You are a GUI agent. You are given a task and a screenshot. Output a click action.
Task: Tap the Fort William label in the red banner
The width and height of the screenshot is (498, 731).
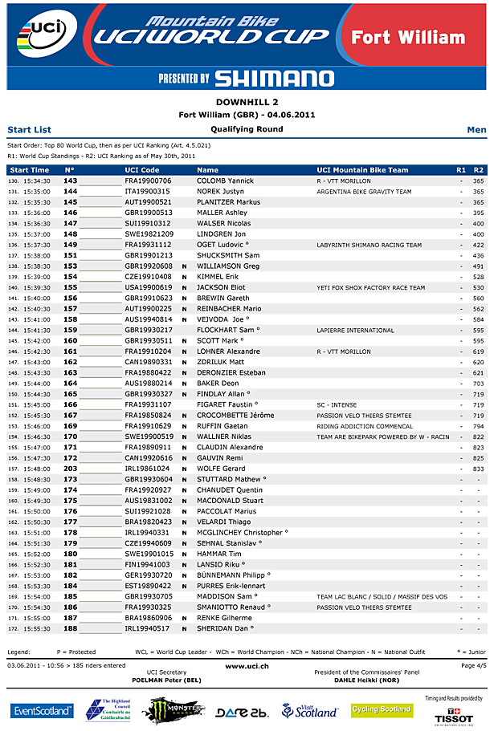coord(408,37)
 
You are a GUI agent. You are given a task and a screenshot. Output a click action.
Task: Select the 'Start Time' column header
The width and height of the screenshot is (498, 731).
coord(30,170)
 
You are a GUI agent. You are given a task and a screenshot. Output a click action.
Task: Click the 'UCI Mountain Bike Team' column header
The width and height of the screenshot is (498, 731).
coord(362,170)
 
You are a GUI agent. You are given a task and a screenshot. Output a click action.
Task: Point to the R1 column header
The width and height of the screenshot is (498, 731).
coord(460,170)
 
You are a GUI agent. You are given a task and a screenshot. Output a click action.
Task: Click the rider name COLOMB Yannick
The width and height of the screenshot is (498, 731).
coord(225,181)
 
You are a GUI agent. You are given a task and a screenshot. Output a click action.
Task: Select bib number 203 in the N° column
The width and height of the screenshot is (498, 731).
coord(71,468)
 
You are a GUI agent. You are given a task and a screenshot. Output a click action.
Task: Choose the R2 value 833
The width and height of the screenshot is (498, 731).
coord(478,468)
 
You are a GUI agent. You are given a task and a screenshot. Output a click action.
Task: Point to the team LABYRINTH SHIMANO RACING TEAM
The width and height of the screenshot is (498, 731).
coord(369,245)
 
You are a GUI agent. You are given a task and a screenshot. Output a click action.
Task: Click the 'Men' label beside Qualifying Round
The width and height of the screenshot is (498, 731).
coord(476,129)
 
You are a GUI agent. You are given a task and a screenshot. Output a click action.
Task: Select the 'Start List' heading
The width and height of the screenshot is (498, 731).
coord(29,129)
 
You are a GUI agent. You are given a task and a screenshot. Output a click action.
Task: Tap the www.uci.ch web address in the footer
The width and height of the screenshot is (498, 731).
coord(247,666)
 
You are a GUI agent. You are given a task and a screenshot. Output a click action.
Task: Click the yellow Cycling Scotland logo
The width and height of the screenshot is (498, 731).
coord(382,709)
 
